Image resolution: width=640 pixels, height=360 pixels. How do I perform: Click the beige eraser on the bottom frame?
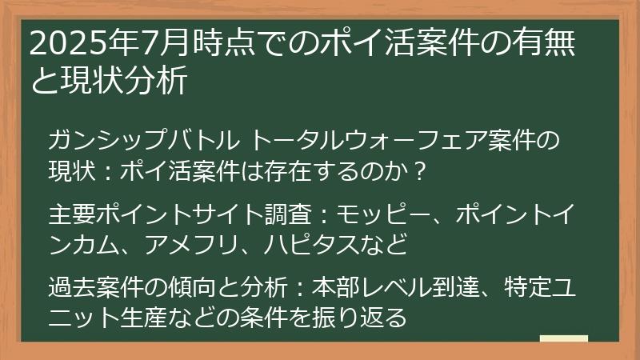coord(564,339)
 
